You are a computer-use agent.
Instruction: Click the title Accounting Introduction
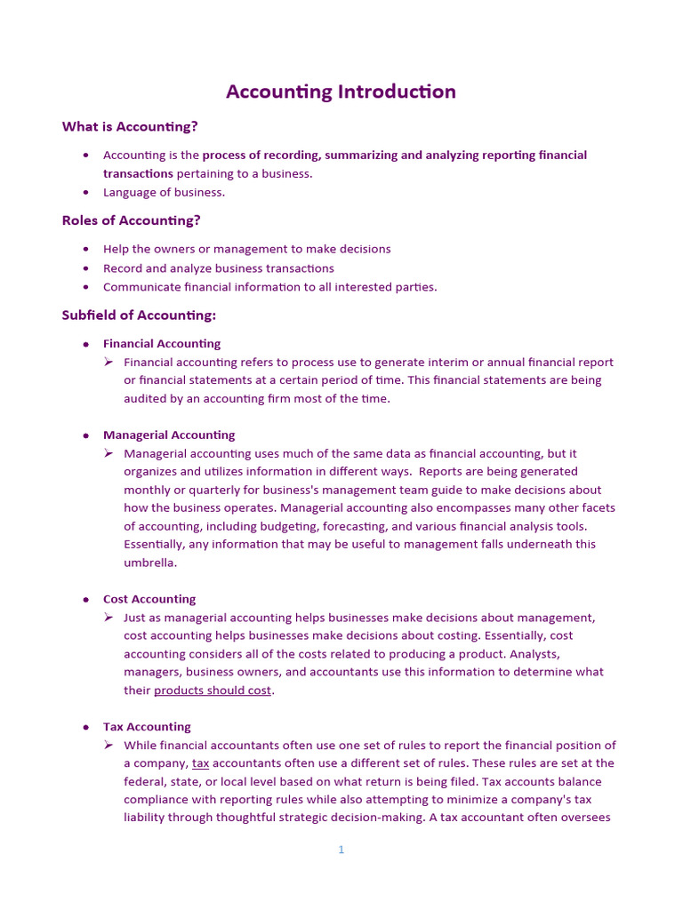click(341, 92)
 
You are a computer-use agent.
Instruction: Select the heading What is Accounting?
click(130, 126)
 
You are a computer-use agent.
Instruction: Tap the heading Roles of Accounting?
click(131, 220)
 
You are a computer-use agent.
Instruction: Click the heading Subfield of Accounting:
click(139, 315)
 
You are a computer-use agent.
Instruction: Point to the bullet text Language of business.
click(164, 192)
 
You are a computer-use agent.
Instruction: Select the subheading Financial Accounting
click(162, 343)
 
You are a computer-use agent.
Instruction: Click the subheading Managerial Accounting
click(169, 435)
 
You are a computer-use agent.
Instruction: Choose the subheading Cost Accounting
click(149, 599)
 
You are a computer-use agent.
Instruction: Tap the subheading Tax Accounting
click(147, 726)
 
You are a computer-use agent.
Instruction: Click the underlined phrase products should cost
click(213, 690)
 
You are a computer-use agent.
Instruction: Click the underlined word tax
click(200, 763)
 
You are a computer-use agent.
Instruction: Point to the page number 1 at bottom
click(341, 850)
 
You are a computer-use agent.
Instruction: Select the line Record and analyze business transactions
click(219, 268)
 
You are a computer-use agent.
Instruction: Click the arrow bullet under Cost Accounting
click(108, 618)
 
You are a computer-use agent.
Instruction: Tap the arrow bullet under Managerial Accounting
click(108, 453)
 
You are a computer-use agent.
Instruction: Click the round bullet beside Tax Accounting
click(86, 727)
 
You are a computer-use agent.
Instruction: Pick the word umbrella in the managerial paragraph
click(150, 563)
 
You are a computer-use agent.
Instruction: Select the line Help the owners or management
click(246, 249)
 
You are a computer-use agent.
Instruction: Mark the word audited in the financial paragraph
click(145, 399)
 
